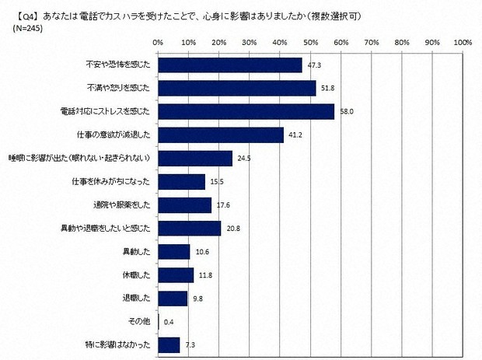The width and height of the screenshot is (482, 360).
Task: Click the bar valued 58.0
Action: tap(246, 112)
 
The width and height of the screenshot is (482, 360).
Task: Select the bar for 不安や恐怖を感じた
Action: tap(229, 65)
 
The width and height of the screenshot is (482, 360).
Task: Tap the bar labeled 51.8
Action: tap(236, 89)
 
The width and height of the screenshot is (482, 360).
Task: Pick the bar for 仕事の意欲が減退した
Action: tap(220, 135)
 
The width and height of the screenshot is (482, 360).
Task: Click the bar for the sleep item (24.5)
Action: tap(195, 159)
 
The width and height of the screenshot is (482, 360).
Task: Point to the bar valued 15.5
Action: tap(181, 182)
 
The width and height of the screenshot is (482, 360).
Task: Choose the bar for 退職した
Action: tap(173, 298)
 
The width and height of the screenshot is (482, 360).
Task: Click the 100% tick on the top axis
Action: tap(462, 41)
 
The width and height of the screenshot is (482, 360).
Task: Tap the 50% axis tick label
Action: tap(310, 41)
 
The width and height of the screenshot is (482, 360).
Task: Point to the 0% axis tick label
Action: tap(158, 41)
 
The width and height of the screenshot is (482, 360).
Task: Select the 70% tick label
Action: tap(371, 41)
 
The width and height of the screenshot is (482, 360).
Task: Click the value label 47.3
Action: tap(314, 65)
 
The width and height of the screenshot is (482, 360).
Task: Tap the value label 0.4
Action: tap(169, 321)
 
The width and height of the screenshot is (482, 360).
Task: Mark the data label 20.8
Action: tap(233, 229)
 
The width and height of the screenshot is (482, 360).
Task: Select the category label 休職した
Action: tap(137, 274)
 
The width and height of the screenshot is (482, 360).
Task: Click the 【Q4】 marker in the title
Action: tap(18, 15)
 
